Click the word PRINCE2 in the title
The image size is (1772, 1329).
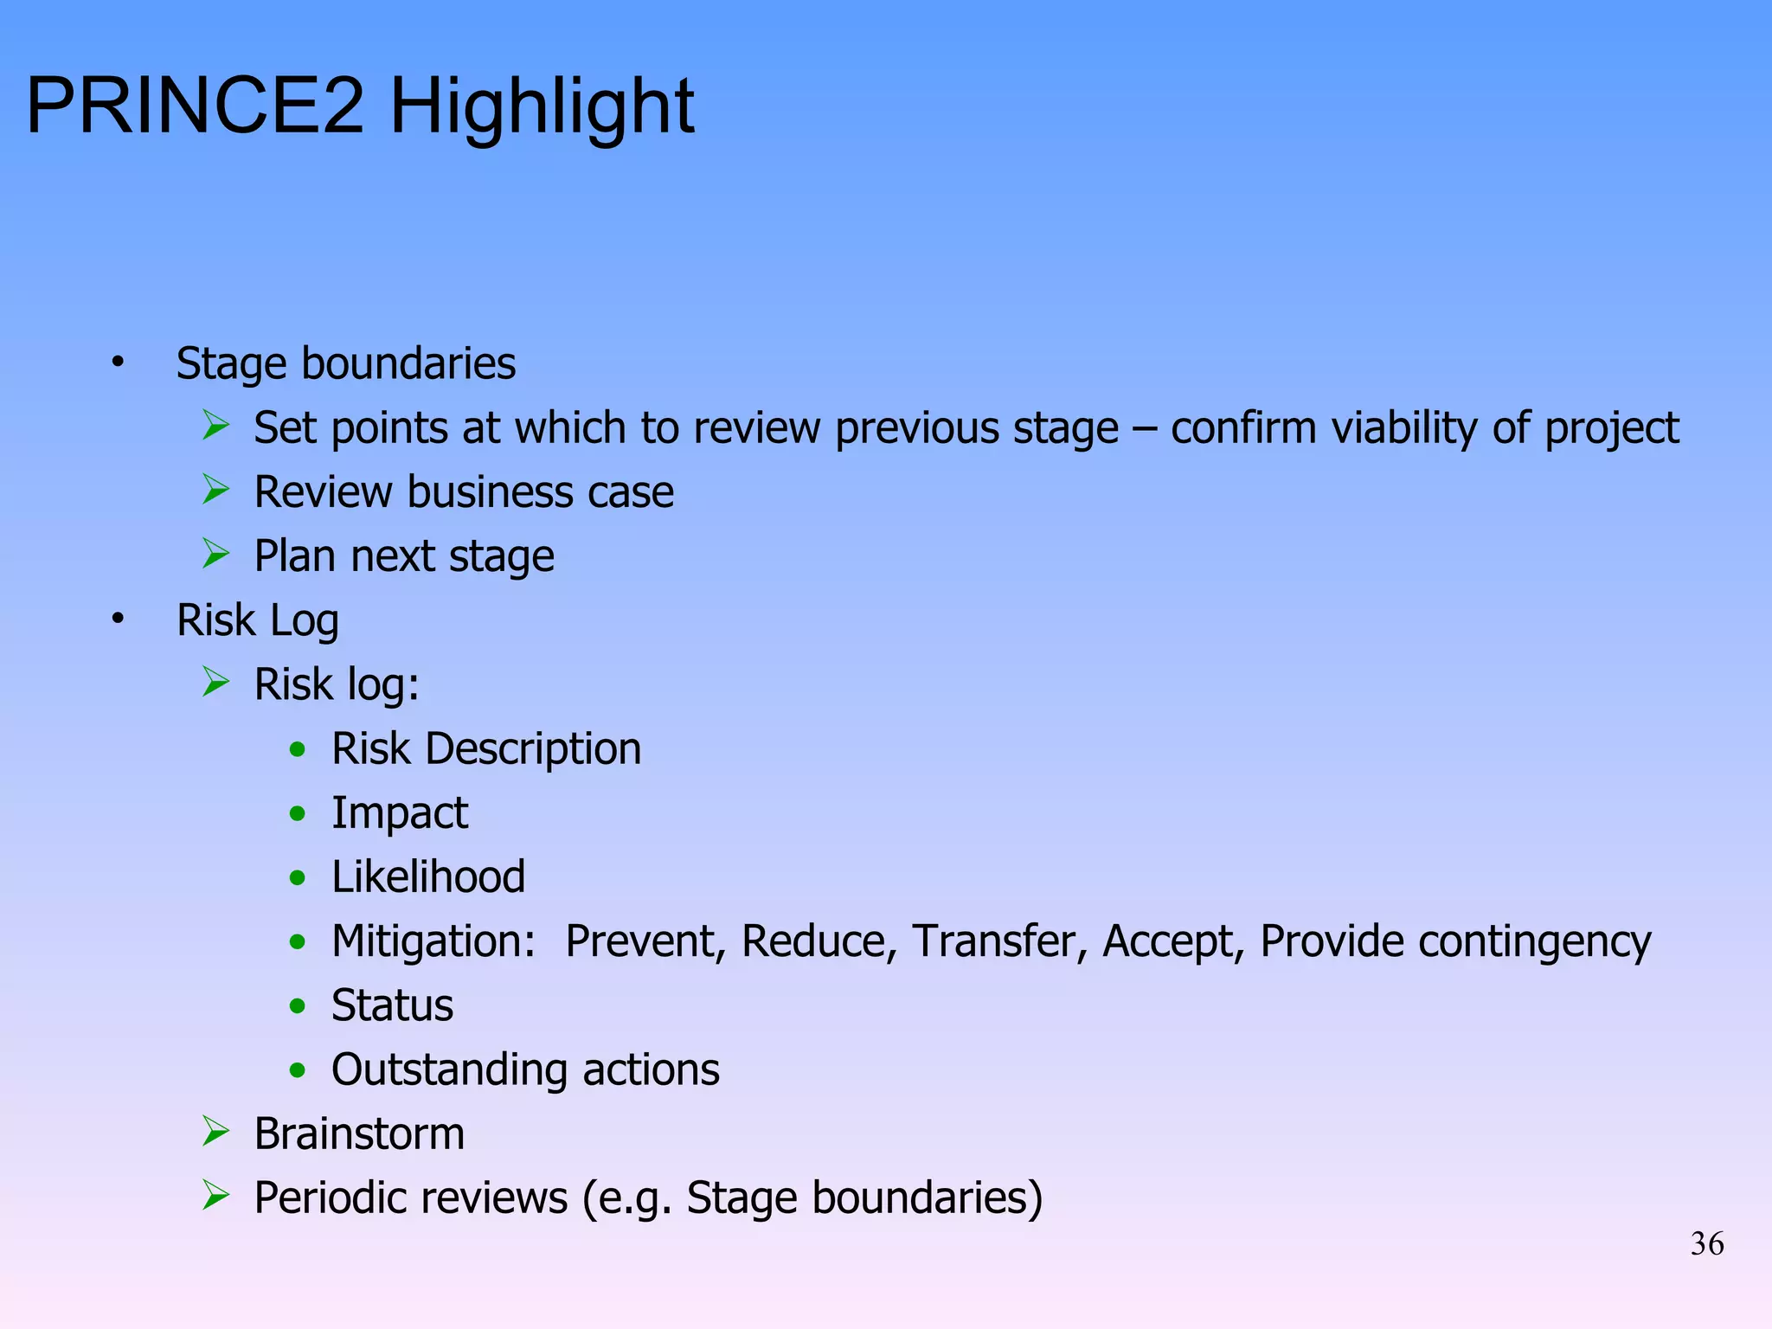[196, 106]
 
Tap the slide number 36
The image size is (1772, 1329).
[1706, 1244]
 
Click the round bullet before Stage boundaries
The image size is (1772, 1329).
[118, 363]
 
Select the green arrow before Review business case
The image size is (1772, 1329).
[215, 490]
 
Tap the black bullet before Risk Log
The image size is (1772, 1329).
[118, 620]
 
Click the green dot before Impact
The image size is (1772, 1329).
[298, 813]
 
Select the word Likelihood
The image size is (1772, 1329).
[428, 877]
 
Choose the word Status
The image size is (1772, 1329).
[392, 1005]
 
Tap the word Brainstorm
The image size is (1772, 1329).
[359, 1133]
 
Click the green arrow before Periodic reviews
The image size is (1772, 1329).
[215, 1196]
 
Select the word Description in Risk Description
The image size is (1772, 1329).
[533, 749]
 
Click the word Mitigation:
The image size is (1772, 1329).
[433, 941]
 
